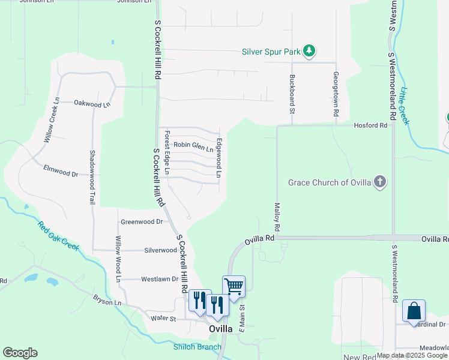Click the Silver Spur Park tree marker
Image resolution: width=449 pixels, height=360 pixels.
point(309,51)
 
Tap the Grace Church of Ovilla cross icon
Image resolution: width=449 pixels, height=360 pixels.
point(379,181)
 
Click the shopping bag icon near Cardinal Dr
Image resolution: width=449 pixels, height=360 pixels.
point(414,311)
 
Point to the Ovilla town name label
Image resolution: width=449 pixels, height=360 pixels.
point(220,329)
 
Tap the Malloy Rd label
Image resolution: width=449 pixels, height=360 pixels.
point(277,217)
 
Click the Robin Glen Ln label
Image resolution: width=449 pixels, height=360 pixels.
point(193,145)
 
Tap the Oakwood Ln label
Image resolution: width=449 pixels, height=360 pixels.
point(92,104)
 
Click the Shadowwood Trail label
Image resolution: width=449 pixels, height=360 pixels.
point(93,177)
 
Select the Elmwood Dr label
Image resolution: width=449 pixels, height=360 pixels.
point(61,174)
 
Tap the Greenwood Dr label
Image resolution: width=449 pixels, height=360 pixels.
point(142,221)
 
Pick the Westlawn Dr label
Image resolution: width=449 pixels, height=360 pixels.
point(159,279)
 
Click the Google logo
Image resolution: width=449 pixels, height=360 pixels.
point(20,353)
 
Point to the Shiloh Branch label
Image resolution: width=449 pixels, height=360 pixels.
point(197,347)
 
